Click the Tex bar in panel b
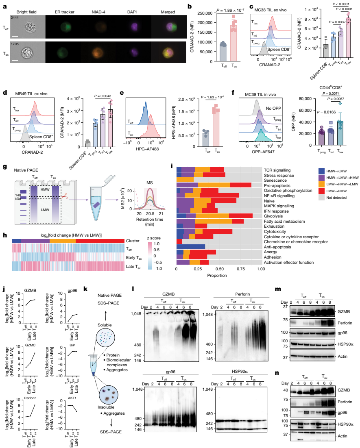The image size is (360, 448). pyautogui.click(x=233, y=43)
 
